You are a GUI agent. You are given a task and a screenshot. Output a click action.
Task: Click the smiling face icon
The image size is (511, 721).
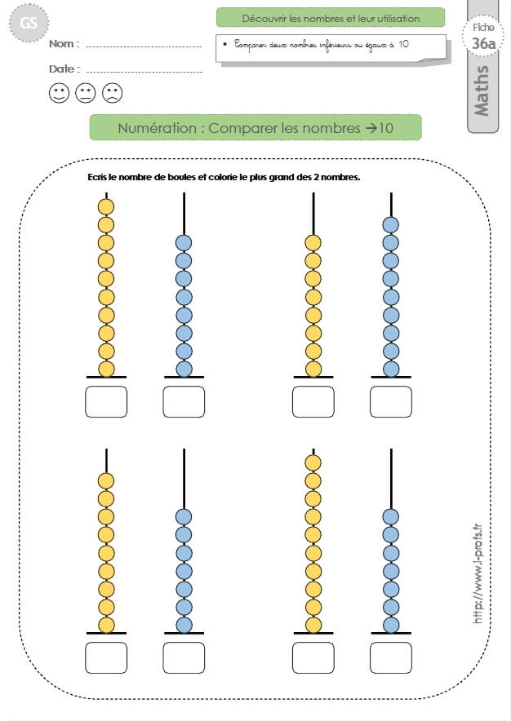tap(59, 93)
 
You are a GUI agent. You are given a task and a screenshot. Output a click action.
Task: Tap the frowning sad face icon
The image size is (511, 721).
tap(113, 93)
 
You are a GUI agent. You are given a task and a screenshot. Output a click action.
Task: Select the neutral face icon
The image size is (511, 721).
tap(86, 93)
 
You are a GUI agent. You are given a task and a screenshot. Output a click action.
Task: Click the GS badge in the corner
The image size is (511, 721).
tap(29, 23)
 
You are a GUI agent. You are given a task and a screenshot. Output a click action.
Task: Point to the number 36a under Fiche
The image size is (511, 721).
tap(483, 44)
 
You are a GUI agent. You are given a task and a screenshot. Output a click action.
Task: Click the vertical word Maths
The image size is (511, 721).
tap(482, 91)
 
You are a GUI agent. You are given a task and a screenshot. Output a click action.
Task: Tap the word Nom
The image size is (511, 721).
tap(62, 44)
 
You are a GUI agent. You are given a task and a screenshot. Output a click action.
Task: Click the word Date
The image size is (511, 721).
tap(62, 69)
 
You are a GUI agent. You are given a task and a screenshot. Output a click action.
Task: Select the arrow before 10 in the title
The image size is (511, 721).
tap(371, 128)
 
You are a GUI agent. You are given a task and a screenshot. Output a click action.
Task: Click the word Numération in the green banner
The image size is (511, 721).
tap(157, 128)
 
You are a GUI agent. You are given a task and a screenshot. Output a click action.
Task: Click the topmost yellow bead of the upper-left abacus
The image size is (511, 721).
tap(106, 207)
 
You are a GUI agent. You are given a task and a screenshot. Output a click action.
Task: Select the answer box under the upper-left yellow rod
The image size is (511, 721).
tap(106, 402)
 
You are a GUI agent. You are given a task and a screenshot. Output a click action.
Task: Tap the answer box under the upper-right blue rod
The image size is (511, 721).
tap(391, 402)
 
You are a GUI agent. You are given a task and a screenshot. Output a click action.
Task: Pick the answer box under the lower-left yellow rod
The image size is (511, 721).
tap(106, 658)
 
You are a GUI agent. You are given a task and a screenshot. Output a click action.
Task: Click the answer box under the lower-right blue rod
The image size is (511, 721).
tap(391, 658)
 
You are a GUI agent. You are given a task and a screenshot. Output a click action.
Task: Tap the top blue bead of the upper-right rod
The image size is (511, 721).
tap(391, 225)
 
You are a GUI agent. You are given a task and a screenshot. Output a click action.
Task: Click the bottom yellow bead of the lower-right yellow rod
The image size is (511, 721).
tap(313, 626)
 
